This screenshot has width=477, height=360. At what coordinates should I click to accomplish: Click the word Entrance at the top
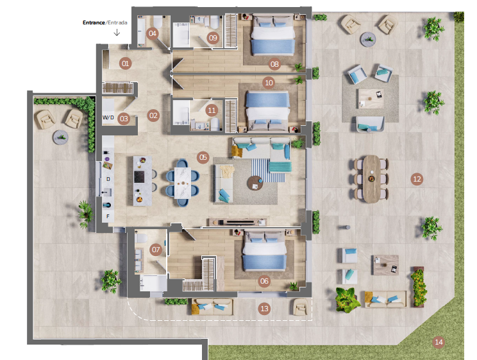94,22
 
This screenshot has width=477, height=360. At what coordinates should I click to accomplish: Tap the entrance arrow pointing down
117,32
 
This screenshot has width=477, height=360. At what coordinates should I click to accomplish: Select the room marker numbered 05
203,157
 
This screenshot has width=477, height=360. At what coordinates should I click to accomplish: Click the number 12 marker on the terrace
417,179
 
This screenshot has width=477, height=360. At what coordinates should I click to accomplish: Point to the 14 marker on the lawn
439,342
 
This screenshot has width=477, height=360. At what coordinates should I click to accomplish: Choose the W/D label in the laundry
108,117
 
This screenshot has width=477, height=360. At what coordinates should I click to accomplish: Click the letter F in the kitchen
108,216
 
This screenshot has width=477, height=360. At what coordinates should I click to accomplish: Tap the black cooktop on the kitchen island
139,177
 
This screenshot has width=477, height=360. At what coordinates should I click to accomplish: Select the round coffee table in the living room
255,183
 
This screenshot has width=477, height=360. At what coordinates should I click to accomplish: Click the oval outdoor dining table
371,179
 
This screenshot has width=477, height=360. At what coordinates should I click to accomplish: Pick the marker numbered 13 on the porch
264,309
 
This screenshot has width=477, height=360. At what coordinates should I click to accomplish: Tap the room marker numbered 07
156,250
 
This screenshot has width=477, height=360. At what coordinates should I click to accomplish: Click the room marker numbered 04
153,33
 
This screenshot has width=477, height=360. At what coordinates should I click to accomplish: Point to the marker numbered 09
213,38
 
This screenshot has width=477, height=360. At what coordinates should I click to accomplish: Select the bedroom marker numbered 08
274,64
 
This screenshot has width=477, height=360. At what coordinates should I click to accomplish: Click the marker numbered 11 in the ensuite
212,110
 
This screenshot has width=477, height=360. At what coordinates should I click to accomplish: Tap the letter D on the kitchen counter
108,179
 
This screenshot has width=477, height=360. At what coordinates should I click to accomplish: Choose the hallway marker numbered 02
153,116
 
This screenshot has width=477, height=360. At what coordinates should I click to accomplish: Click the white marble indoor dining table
183,183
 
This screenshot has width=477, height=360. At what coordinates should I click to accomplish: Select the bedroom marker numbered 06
264,281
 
